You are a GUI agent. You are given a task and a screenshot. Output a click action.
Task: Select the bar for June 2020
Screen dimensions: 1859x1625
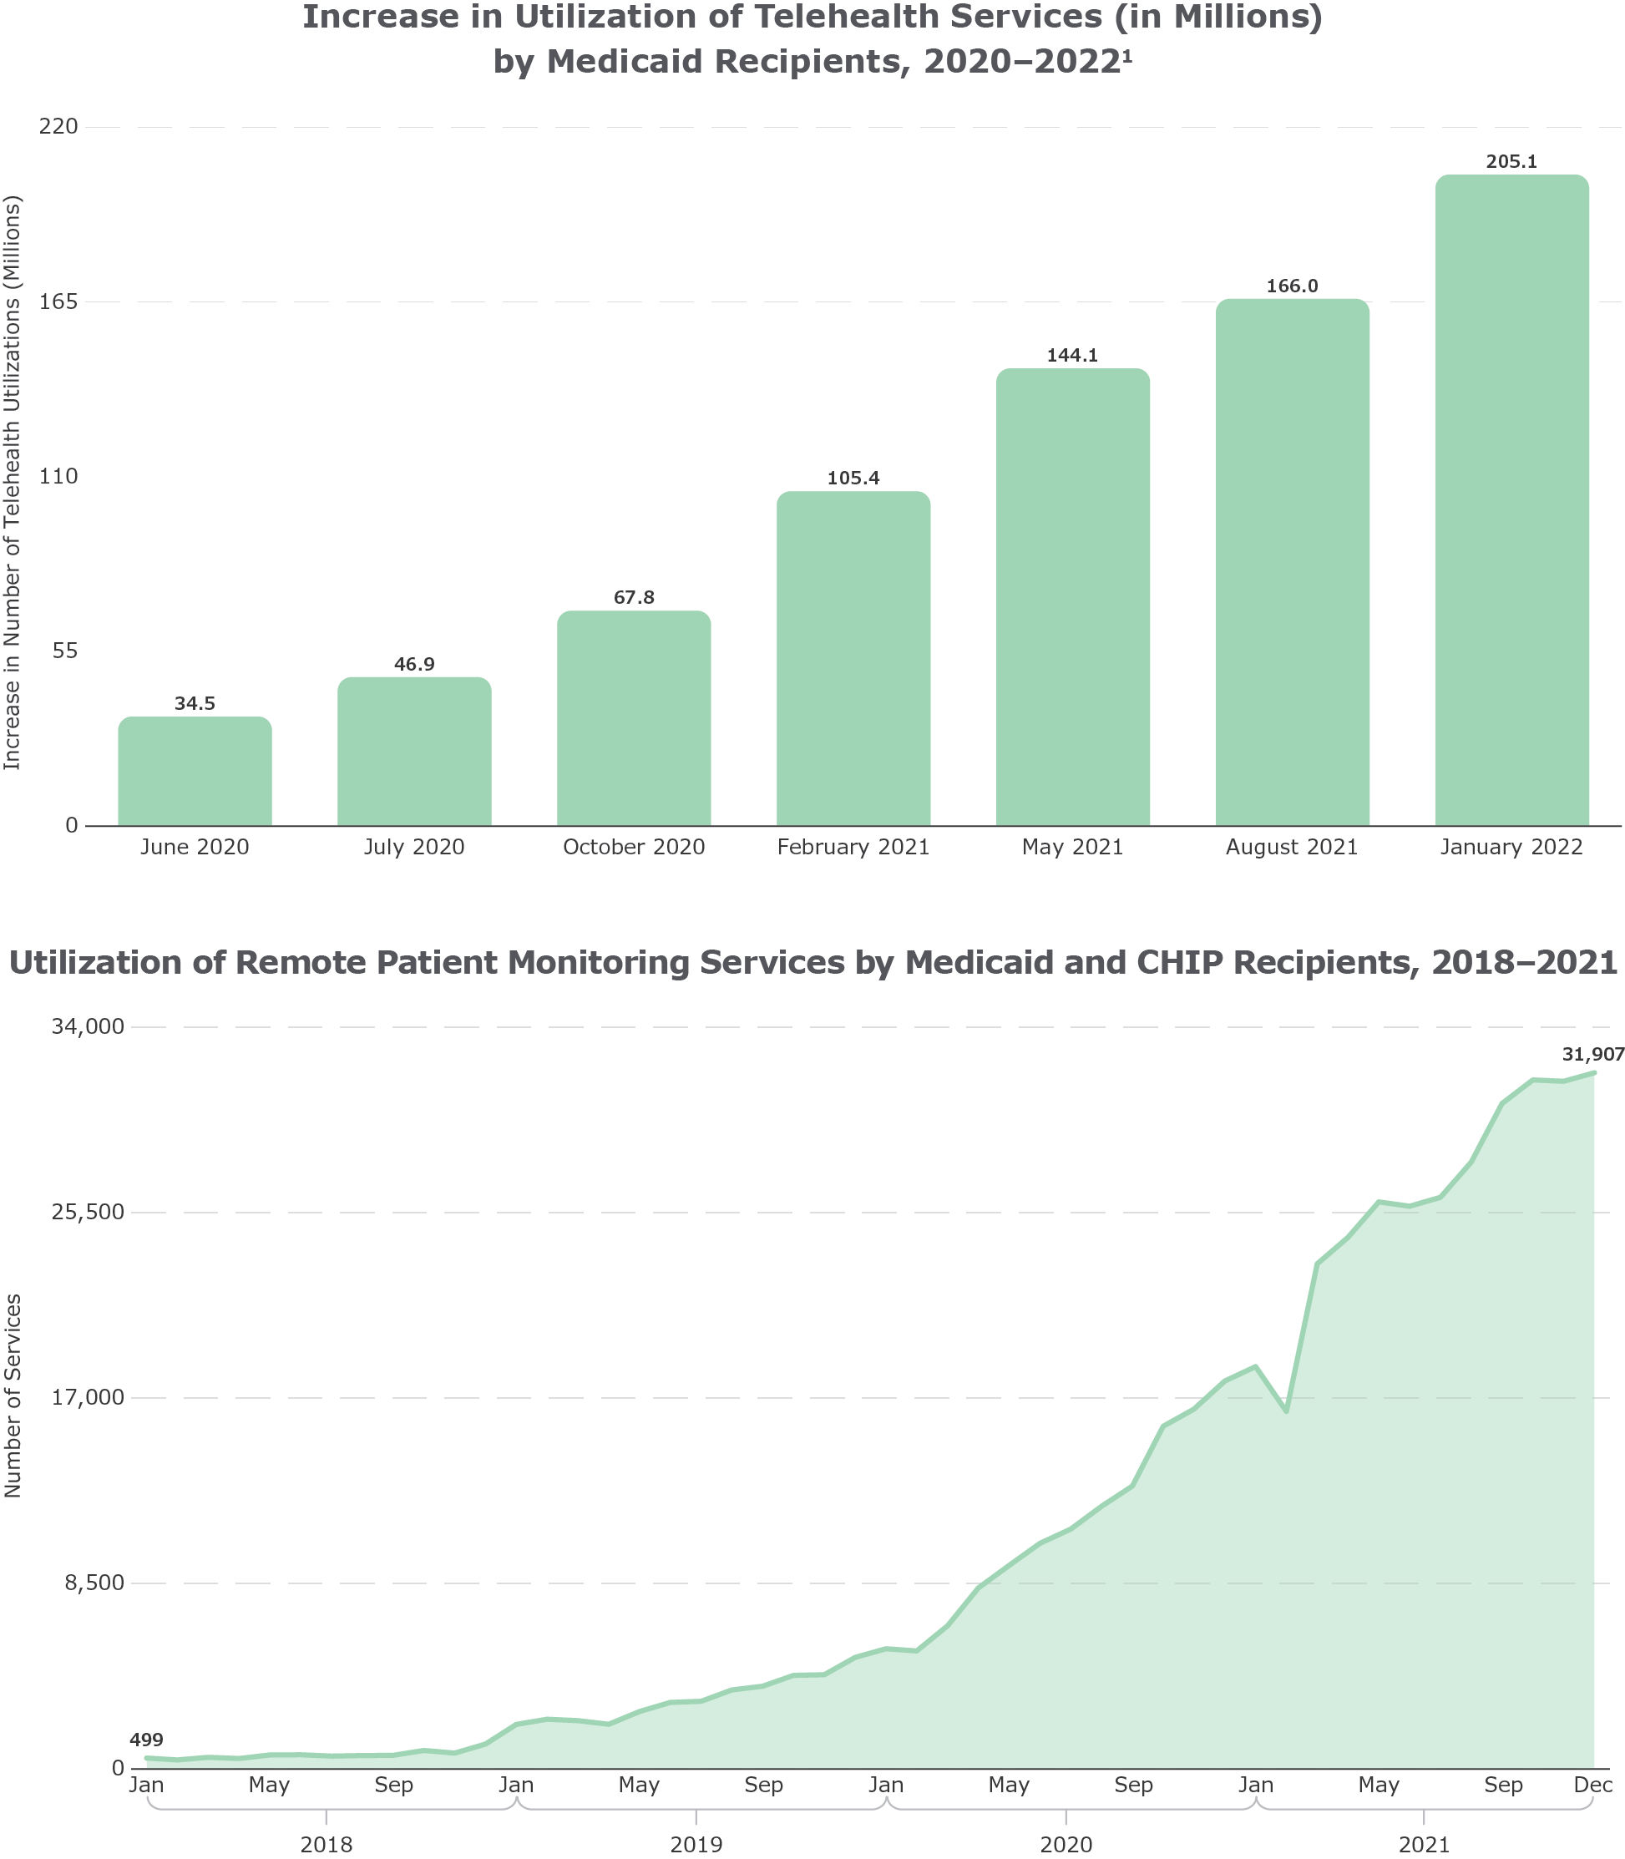195,771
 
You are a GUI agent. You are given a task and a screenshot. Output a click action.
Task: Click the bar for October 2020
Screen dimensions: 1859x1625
634,718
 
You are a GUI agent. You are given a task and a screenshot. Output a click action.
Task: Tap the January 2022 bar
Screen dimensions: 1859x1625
1511,500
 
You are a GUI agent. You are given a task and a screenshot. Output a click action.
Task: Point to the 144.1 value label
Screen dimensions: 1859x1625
1073,356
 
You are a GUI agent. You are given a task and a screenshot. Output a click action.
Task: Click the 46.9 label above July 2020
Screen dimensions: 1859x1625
414,665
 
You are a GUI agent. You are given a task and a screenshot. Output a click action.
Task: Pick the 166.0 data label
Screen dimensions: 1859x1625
1292,286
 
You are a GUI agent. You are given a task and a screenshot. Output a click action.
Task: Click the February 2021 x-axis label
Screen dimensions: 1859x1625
853,848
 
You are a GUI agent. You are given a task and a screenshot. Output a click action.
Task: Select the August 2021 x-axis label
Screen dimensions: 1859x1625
1292,848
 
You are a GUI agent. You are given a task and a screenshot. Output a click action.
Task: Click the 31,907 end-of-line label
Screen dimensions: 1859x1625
1592,1055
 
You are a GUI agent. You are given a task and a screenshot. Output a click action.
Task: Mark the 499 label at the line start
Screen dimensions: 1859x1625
146,1740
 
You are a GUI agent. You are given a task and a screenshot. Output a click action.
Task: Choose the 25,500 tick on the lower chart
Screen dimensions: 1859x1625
90,1213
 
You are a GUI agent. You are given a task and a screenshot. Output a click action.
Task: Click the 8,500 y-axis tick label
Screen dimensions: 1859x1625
95,1583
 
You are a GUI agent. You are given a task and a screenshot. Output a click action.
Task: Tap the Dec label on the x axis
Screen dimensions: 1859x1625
1593,1786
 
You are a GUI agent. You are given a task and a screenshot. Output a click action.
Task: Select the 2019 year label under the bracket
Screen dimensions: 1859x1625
696,1845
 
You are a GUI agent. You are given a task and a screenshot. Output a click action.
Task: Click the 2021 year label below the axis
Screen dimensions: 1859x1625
1425,1845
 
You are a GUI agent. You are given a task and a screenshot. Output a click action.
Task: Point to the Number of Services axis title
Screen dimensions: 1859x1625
13,1396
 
